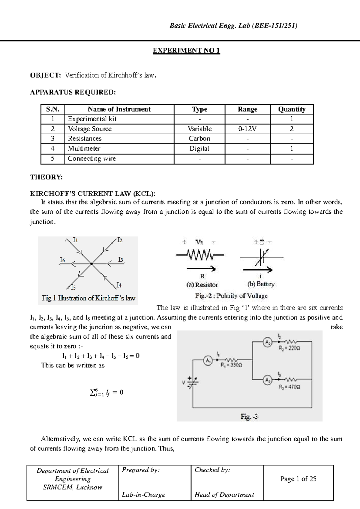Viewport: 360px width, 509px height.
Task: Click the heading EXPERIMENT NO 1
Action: click(x=186, y=50)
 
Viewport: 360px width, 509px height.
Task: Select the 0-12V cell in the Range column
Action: click(x=247, y=129)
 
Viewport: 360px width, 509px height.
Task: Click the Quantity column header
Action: click(x=292, y=109)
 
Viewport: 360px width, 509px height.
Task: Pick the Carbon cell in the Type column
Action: click(x=199, y=139)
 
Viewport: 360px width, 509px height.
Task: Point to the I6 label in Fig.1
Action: click(x=62, y=260)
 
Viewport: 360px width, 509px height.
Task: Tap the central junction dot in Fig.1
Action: click(x=91, y=264)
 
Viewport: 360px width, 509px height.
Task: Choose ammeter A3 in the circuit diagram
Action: click(x=267, y=380)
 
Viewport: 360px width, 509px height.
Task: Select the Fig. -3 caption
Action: click(x=249, y=417)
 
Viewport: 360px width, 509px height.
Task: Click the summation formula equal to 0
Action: click(x=106, y=392)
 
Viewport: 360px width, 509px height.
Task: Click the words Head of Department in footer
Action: click(x=224, y=495)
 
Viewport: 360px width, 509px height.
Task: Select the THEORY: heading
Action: click(x=46, y=177)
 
